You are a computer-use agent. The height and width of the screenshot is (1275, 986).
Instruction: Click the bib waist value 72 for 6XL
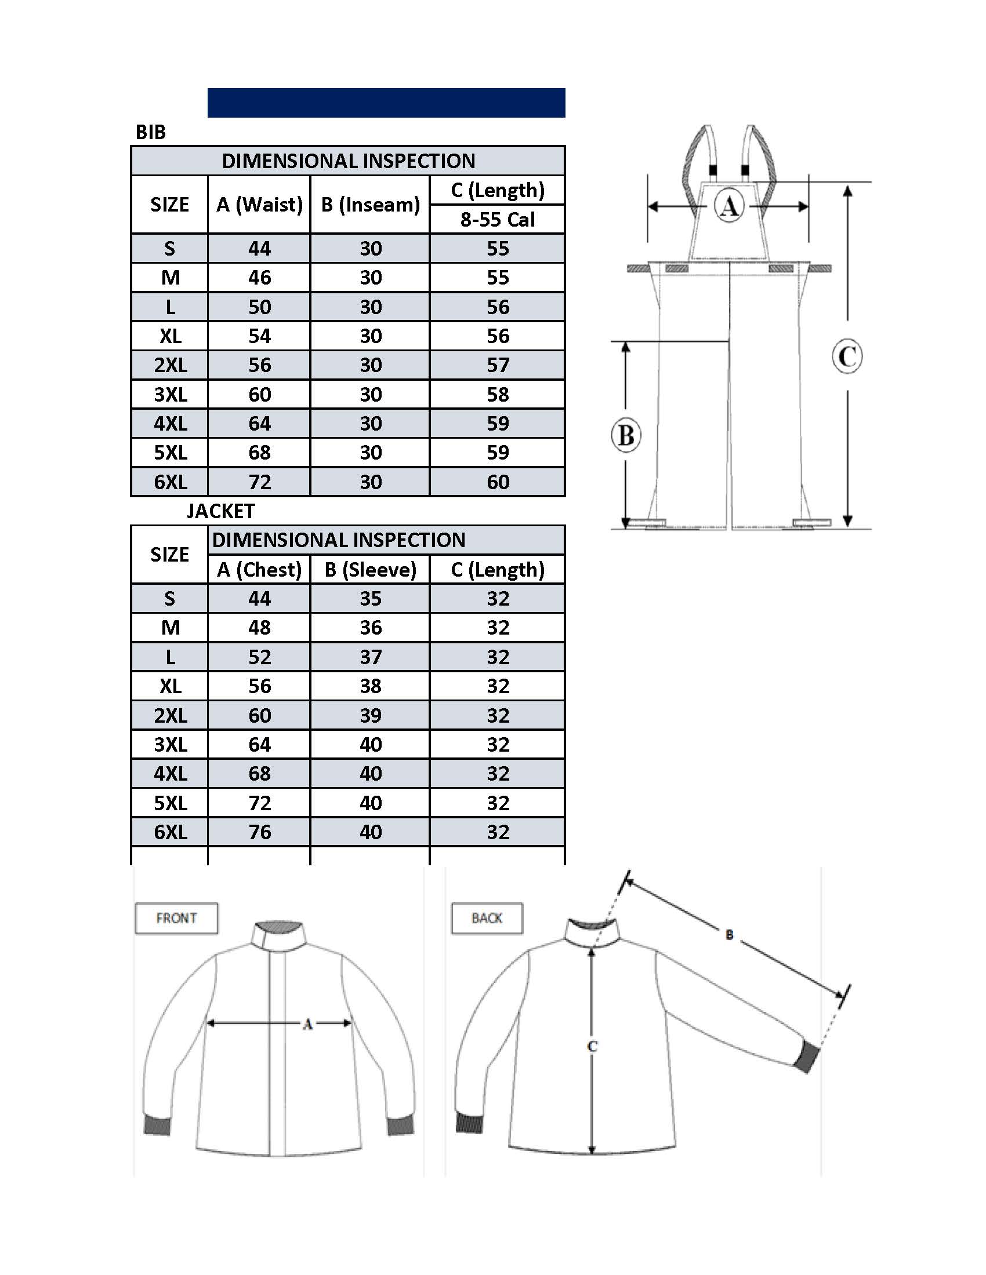(x=259, y=482)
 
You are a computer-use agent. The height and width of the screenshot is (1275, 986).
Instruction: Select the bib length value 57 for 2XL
(x=498, y=365)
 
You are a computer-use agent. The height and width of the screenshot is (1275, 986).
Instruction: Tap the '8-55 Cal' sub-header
(x=497, y=220)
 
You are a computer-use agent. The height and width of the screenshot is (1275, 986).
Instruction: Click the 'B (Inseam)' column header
(x=371, y=205)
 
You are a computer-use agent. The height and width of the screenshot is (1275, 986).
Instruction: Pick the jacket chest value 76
(x=259, y=832)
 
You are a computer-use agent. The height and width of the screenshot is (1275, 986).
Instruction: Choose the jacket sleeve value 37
(x=371, y=657)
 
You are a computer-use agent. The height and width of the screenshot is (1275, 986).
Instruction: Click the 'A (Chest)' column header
(x=259, y=569)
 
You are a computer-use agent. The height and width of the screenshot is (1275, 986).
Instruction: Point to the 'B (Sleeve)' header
(x=371, y=569)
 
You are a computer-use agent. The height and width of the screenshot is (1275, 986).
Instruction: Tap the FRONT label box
(x=176, y=919)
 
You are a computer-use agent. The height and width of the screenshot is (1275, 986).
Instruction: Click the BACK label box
(x=487, y=919)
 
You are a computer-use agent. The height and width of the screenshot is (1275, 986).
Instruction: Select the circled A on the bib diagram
(x=729, y=206)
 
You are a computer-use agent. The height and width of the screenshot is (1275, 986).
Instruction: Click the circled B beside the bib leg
(x=626, y=435)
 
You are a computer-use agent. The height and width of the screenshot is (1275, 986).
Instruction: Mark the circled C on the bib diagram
(x=847, y=356)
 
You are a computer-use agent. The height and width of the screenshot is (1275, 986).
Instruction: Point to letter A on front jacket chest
(x=307, y=1024)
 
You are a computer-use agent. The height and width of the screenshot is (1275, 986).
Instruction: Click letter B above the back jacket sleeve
(x=729, y=935)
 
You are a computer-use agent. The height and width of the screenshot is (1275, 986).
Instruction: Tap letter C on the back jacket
(x=592, y=1046)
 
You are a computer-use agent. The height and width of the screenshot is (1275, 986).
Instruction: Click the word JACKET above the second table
(x=221, y=511)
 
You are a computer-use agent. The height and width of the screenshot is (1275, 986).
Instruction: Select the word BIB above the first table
(x=151, y=132)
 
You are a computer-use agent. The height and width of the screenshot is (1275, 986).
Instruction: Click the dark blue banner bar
(x=386, y=103)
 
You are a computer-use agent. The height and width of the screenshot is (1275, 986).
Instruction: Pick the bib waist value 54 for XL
(x=259, y=336)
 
